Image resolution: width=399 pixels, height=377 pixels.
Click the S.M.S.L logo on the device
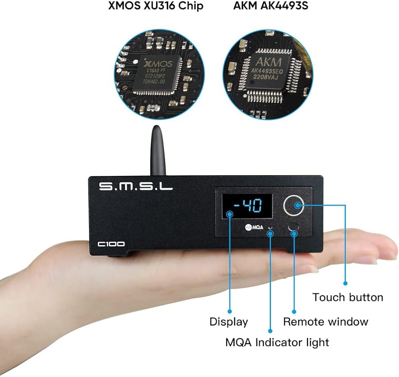(x=136, y=186)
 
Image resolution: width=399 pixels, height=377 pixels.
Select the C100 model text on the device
(x=113, y=244)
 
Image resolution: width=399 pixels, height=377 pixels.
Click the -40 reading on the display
(x=248, y=206)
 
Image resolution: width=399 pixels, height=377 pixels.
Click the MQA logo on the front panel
(x=254, y=228)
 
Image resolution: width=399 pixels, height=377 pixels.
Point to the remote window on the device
(x=294, y=227)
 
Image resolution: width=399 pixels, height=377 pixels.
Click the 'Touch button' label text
(x=348, y=297)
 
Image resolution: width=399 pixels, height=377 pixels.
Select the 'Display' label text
(x=229, y=322)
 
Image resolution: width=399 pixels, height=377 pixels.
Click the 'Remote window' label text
(x=326, y=322)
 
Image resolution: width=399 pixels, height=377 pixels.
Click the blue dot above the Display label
(x=230, y=311)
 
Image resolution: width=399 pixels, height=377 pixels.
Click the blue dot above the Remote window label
(x=294, y=311)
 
